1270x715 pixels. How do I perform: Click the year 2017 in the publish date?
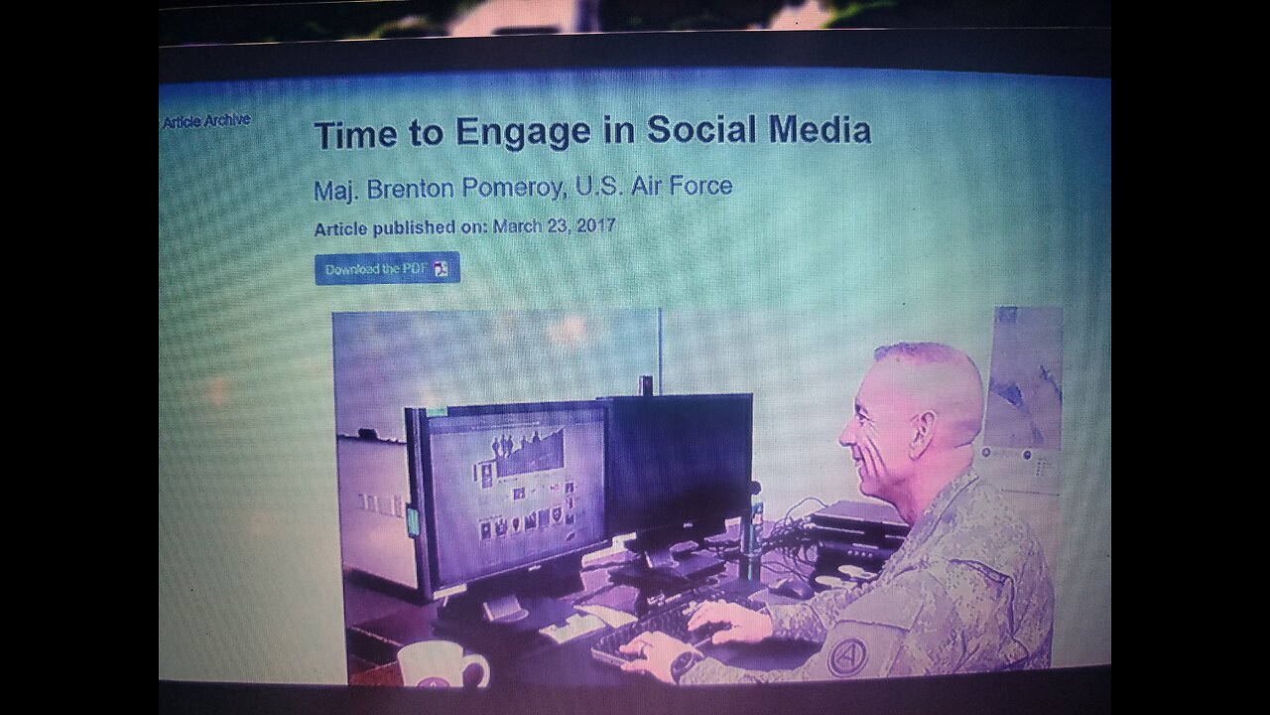(x=592, y=226)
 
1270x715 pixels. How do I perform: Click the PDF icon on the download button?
(x=442, y=269)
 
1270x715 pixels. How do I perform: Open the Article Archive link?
(x=206, y=121)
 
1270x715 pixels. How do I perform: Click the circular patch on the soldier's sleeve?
(x=847, y=656)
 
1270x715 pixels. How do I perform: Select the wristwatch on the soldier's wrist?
(x=686, y=662)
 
